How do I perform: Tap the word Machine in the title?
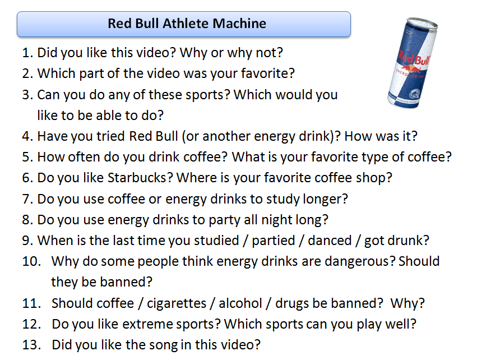tap(239, 24)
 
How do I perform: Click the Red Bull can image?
tap(413, 63)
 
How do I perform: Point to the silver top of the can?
tap(421, 24)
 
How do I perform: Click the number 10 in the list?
tap(31, 262)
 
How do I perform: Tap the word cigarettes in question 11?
tap(177, 303)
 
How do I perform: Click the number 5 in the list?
tap(27, 157)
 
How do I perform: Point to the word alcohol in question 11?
tap(240, 303)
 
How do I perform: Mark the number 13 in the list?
tap(31, 345)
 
